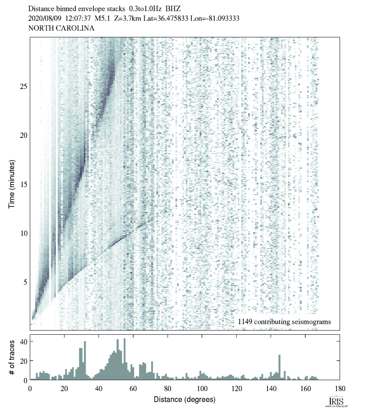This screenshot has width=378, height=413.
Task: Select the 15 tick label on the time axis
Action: (23, 184)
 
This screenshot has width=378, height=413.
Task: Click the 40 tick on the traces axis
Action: (23, 342)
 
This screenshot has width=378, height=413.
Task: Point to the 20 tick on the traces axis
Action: (23, 361)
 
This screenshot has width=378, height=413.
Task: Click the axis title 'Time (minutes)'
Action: (12, 183)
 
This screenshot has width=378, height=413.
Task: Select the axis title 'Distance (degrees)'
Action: (185, 399)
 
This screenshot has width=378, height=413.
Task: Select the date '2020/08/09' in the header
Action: (44, 18)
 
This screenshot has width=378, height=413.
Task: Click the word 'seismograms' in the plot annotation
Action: (313, 322)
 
